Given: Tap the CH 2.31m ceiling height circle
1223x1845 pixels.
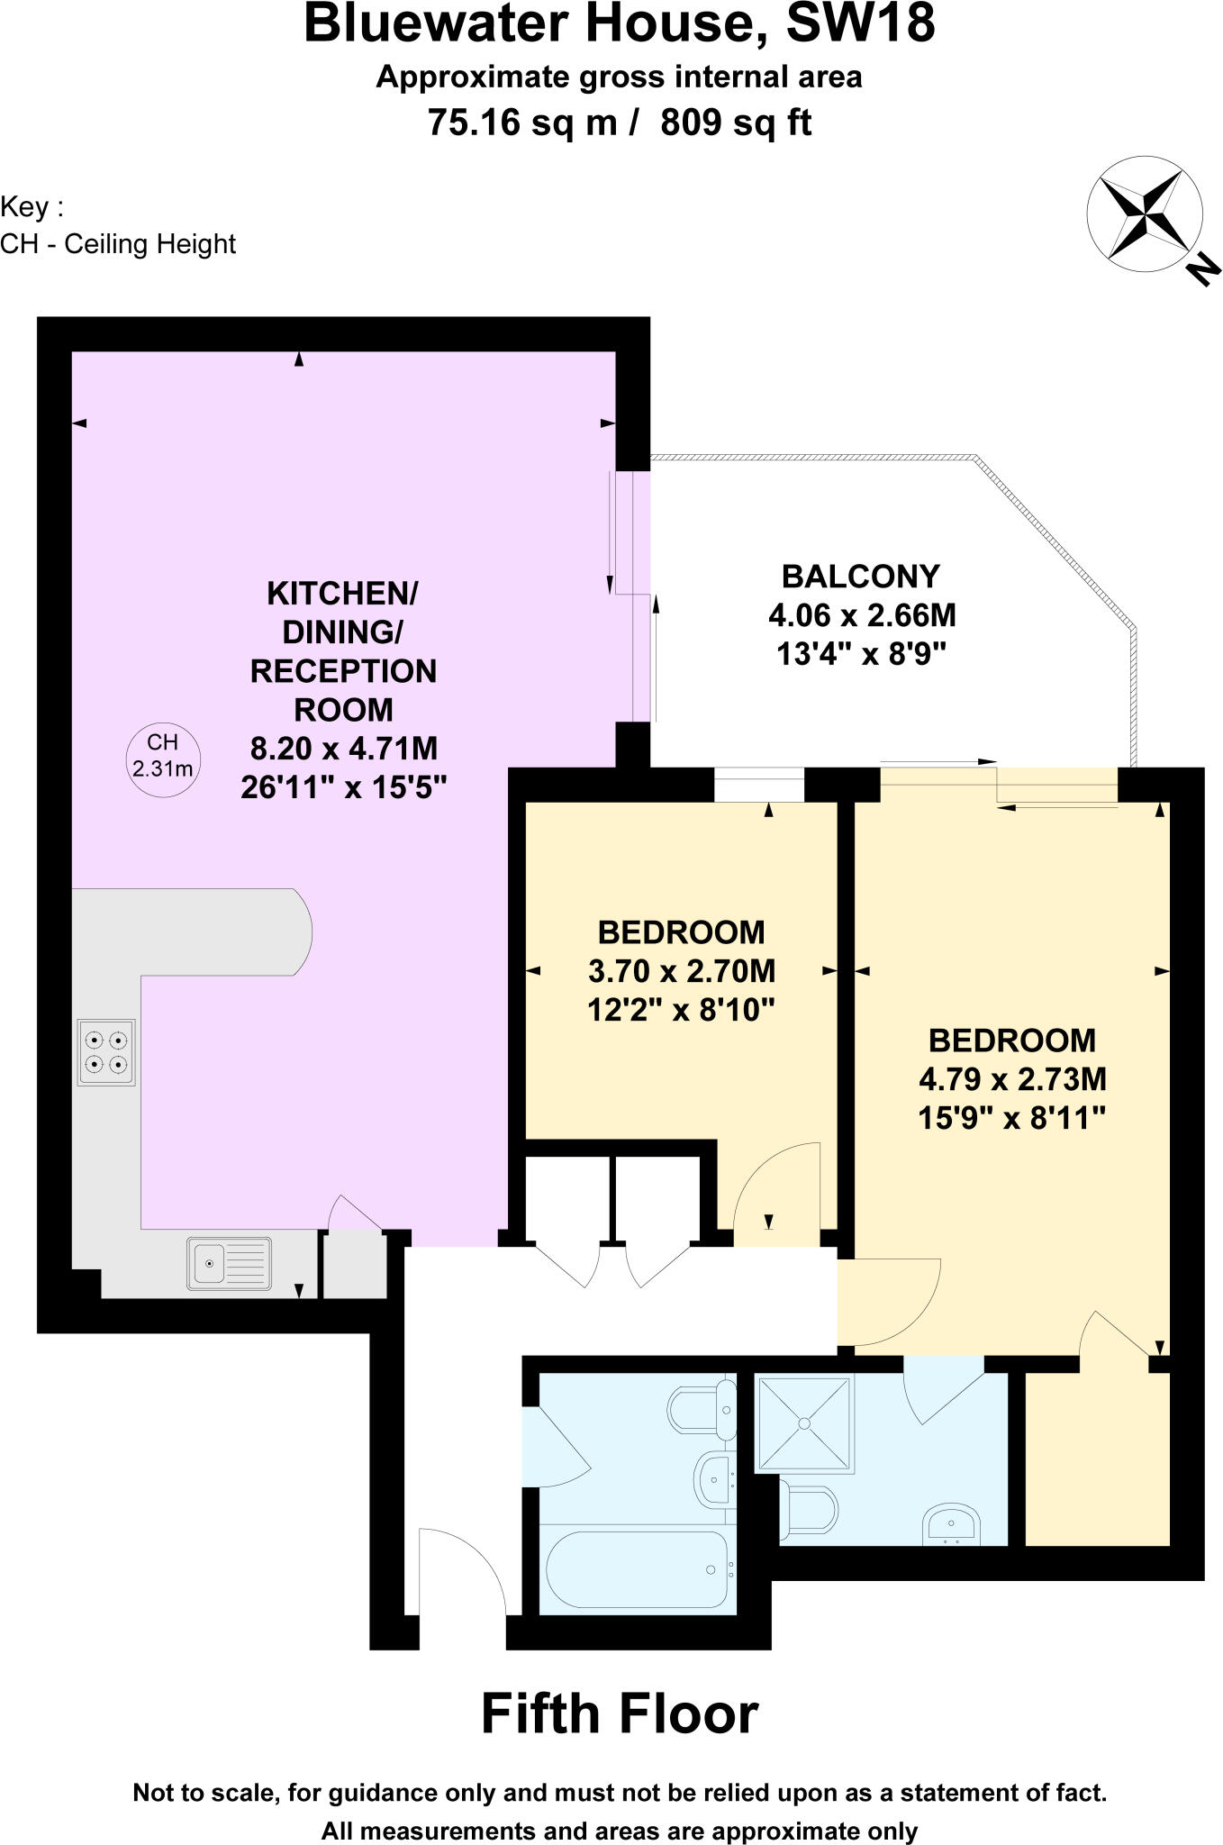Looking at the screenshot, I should coord(162,755).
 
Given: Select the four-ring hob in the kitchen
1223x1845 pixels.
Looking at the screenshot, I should coord(106,1052).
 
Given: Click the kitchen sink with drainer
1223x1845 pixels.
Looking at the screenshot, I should coord(229,1263).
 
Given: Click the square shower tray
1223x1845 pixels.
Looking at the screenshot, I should coord(803,1423).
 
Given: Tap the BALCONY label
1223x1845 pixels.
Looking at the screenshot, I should coord(860,576).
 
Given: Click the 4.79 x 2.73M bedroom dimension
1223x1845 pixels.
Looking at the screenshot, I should coord(1011,1079).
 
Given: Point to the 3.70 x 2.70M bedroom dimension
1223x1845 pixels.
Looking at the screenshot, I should coord(681,971).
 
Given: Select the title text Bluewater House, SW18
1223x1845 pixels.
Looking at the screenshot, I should coord(620,25).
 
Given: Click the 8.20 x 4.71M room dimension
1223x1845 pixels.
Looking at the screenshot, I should coord(343,749).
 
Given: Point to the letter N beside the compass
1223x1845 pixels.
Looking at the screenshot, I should coord(1201,268).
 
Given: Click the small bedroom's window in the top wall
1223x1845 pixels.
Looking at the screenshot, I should coord(759,784).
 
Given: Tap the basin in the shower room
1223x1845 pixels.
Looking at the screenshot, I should coord(951,1523).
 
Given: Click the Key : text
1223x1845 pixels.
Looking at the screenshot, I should coord(32,207).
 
